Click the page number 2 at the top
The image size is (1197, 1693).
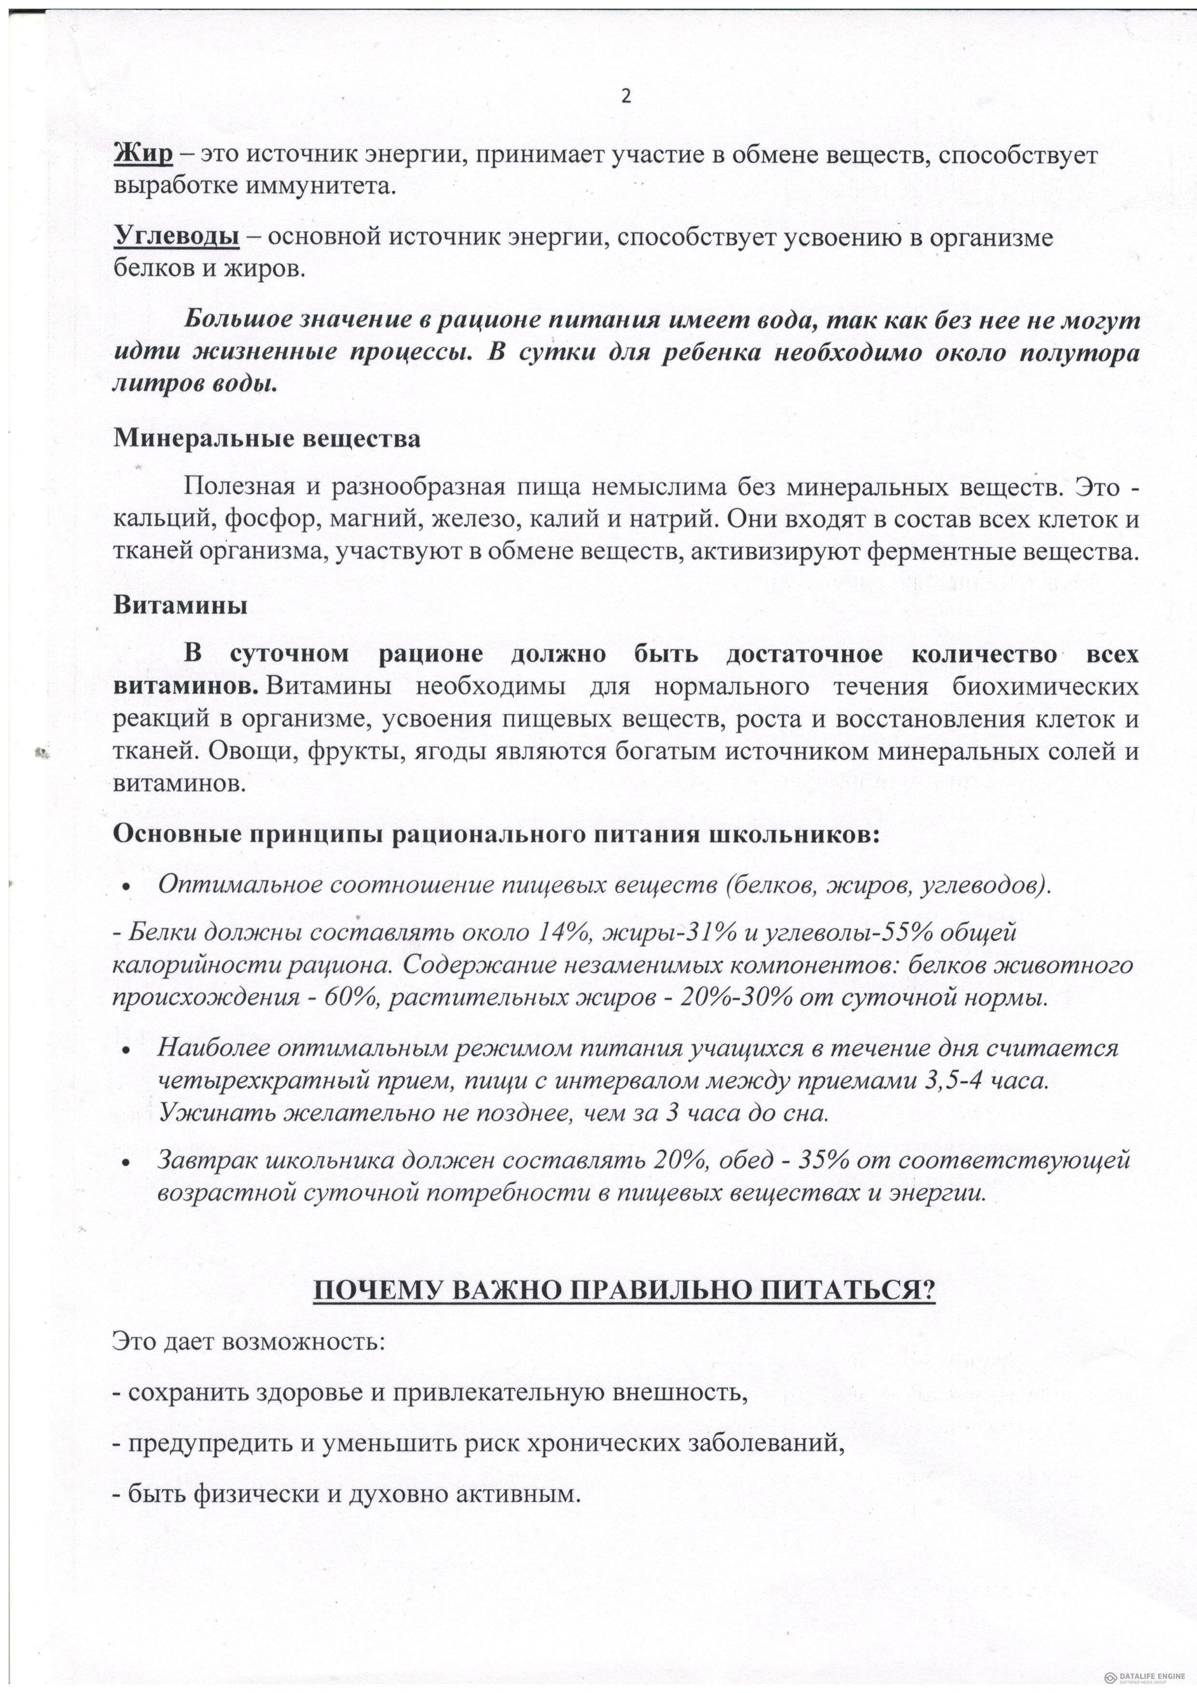click(x=626, y=97)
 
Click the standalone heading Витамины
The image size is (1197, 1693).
click(x=180, y=606)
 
